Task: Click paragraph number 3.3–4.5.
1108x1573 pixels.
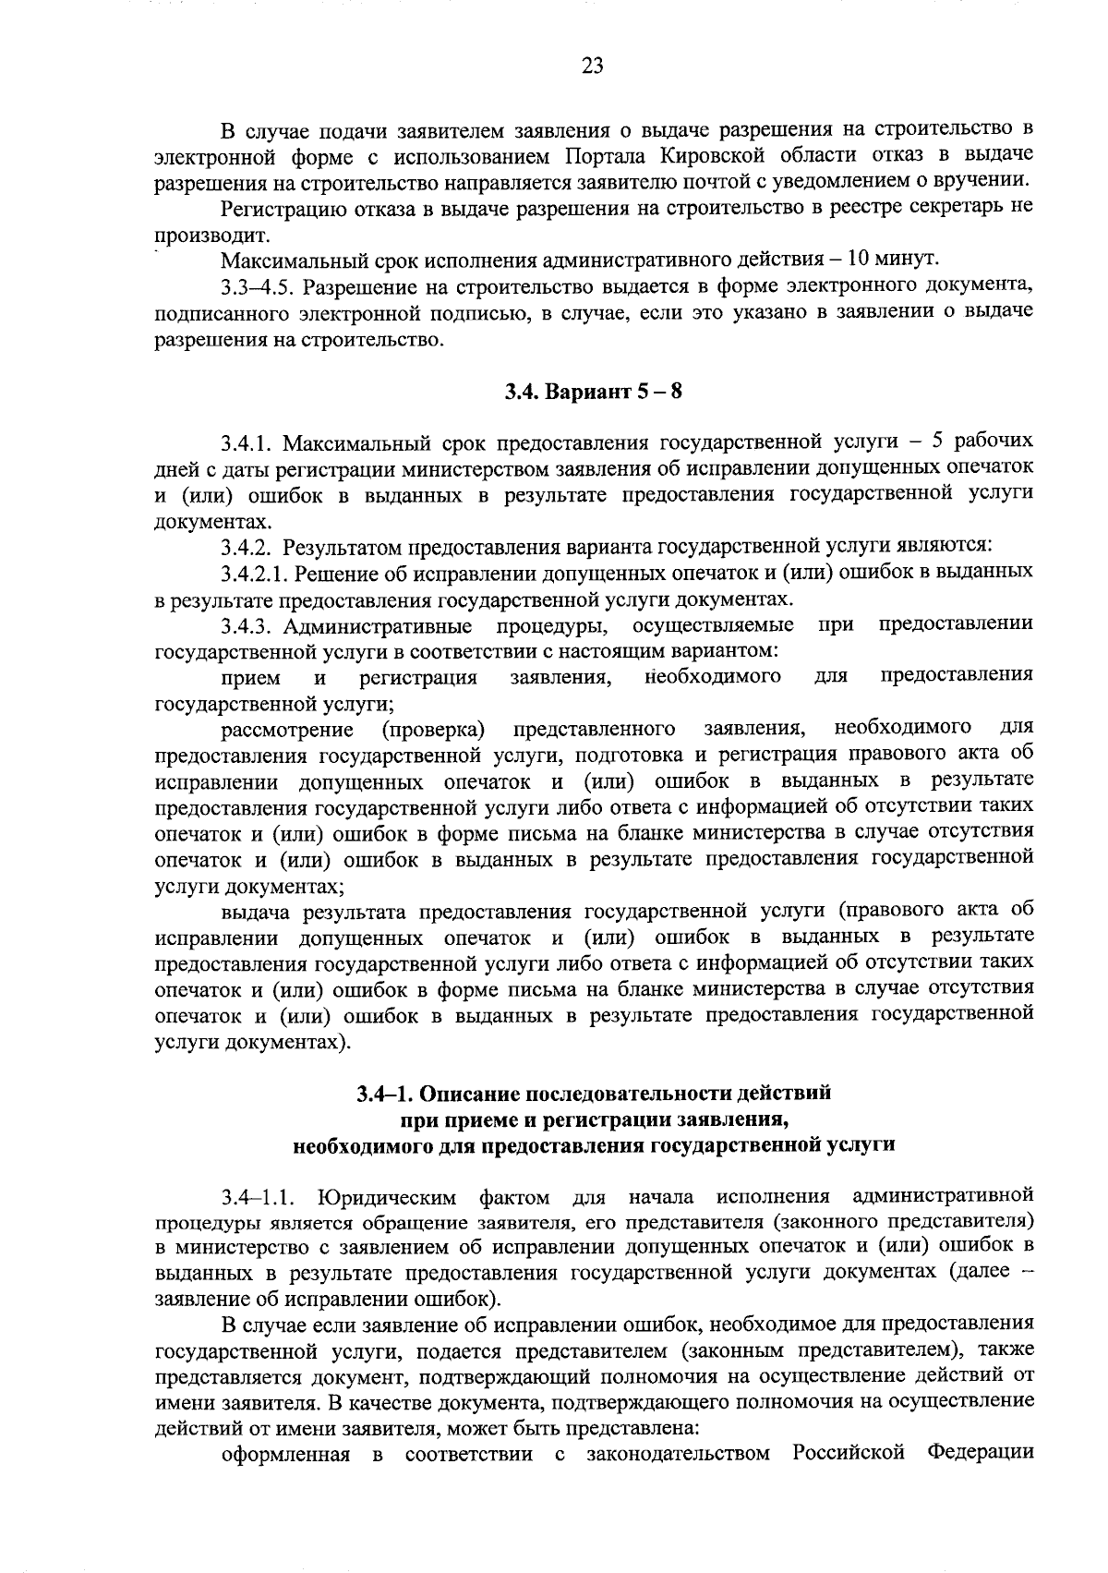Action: [255, 284]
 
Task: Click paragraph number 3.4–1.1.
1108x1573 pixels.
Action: [258, 1199]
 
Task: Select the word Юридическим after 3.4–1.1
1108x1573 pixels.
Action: [387, 1199]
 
